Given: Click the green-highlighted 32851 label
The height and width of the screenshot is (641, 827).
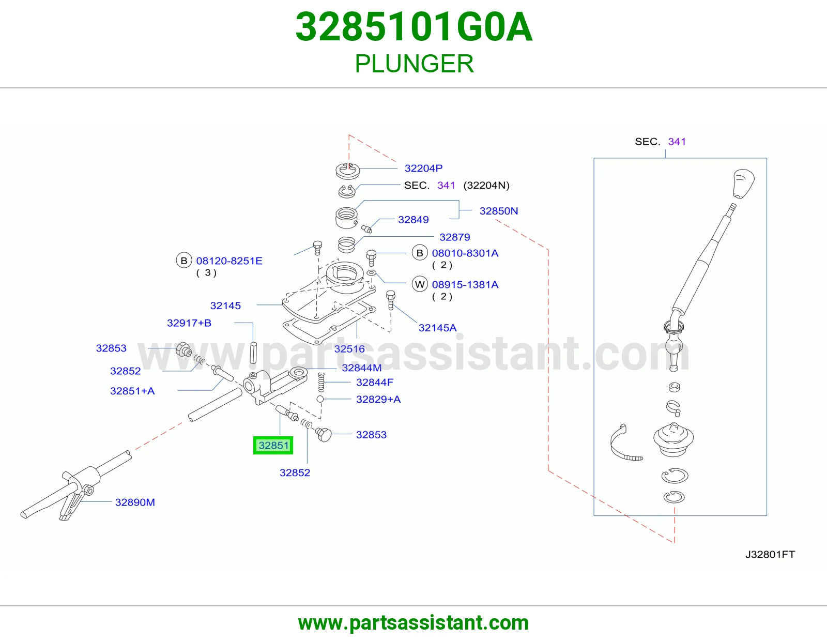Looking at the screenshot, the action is pos(273,445).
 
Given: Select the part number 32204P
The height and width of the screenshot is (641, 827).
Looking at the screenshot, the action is pos(423,168).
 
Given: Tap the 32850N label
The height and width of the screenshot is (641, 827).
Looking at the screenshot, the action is pos(499,211).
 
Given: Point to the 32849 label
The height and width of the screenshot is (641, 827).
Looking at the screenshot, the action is pos(413,220).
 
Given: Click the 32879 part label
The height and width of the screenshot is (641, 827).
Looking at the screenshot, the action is pos(455,237).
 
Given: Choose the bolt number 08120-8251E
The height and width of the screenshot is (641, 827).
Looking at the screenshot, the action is pos(229,261).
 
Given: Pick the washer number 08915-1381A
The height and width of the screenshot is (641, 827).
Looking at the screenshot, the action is pos(465,284).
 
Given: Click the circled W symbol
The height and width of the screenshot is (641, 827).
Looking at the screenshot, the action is pos(420,284).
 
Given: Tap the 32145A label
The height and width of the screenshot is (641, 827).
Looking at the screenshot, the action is pos(437,328).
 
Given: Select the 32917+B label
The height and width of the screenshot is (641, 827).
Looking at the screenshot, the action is pos(189,323).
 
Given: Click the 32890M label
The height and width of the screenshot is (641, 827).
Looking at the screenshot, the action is pos(135,502).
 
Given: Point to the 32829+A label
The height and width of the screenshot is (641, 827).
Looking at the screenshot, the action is pos(378,399).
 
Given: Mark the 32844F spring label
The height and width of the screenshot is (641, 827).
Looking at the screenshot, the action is pos(375,382).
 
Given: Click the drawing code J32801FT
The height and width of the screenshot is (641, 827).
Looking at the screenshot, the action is pos(770,554).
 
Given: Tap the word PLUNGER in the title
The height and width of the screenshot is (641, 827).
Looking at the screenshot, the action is pos(414,64).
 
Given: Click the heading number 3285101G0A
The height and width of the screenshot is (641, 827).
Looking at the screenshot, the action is pos(414,27).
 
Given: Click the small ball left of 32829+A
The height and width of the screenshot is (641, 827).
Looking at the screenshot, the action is pos(320,399).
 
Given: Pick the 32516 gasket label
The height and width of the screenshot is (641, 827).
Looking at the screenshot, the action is pos(349,348).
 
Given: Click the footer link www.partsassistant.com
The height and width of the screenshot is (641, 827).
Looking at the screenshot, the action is pos(413,623).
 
